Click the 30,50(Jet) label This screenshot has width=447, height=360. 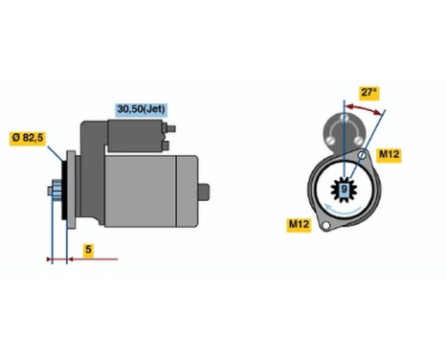click(140, 109)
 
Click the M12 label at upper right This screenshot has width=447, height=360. click(389, 154)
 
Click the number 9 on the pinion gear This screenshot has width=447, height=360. click(343, 190)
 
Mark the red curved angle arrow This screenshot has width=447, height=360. click(364, 111)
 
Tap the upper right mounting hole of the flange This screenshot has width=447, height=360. click(364, 153)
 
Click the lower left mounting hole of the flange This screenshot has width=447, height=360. click(324, 226)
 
